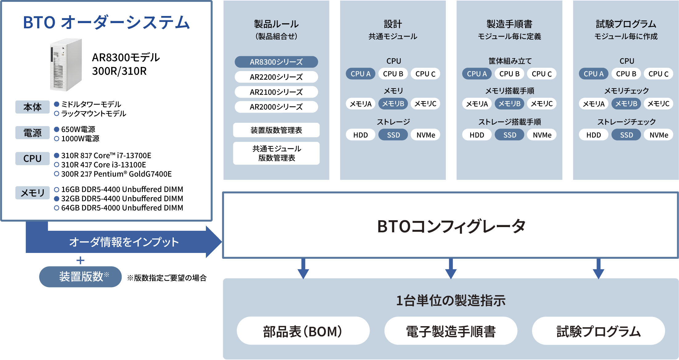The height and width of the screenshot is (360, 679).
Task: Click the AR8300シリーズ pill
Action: click(x=276, y=62)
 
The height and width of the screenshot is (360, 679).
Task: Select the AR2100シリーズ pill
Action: click(x=276, y=92)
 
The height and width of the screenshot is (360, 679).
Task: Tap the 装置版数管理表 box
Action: click(x=276, y=130)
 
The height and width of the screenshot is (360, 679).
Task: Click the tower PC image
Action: click(x=66, y=65)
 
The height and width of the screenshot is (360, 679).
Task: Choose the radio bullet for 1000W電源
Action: click(x=57, y=139)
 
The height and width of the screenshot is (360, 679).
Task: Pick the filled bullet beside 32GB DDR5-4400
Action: click(x=57, y=199)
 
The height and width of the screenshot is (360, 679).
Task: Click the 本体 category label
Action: click(x=32, y=107)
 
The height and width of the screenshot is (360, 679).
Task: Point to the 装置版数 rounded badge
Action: click(x=80, y=277)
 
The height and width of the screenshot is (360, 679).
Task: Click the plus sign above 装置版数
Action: click(x=80, y=261)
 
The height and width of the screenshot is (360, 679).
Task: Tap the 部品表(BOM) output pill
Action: click(x=303, y=331)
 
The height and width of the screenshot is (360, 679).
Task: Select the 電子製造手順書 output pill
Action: click(x=451, y=331)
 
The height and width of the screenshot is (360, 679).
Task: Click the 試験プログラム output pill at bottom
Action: click(x=598, y=331)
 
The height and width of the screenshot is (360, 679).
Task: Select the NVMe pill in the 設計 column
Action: click(x=426, y=135)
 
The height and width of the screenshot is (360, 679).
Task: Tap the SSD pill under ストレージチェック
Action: click(x=626, y=135)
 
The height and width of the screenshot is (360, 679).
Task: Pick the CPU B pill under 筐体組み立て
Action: click(x=509, y=74)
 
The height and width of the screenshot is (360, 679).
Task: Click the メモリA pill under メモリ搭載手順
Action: click(x=477, y=104)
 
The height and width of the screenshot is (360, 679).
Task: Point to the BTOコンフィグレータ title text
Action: click(x=451, y=226)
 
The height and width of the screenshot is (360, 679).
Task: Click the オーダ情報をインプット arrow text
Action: click(x=124, y=242)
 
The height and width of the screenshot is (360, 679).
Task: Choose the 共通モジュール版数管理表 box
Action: click(x=276, y=153)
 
